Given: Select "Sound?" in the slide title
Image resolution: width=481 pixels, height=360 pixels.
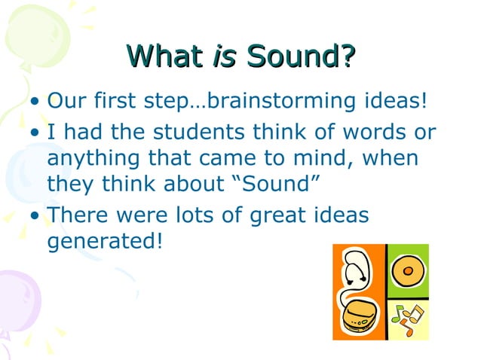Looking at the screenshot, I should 300,56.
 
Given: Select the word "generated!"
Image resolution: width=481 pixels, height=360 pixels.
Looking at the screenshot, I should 105,243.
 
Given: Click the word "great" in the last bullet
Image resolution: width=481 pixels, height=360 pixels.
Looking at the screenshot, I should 275,217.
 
